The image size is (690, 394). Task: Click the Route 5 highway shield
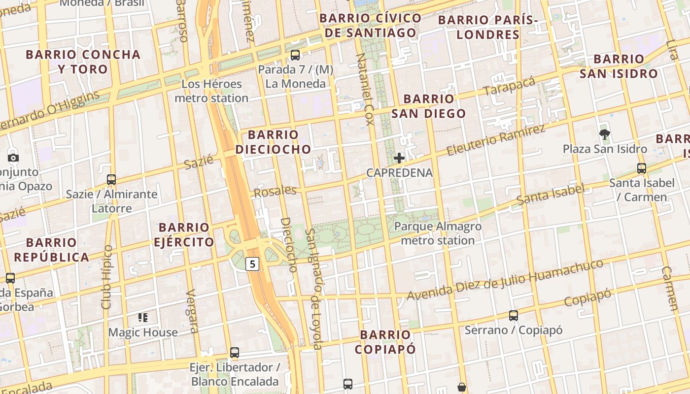tap(252, 264)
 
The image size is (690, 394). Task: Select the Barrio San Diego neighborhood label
tap(428, 106)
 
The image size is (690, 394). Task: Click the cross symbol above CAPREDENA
tap(399, 158)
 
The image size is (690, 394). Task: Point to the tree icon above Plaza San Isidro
tap(605, 134)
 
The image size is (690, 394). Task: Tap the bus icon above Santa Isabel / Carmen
tap(641, 168)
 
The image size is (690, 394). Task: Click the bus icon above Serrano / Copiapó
tap(514, 316)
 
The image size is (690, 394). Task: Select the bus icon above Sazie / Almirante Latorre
tap(111, 180)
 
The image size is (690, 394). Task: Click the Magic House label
tap(143, 332)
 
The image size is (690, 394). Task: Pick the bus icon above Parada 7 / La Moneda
tap(295, 55)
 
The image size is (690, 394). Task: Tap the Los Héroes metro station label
tap(211, 91)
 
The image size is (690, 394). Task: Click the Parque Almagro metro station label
tap(438, 233)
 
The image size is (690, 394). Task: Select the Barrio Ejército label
tap(184, 235)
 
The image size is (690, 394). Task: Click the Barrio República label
tap(51, 250)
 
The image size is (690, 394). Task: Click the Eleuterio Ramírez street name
tap(496, 140)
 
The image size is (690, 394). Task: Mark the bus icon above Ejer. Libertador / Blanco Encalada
tap(235, 353)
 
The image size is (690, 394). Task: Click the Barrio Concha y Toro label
tap(83, 62)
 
